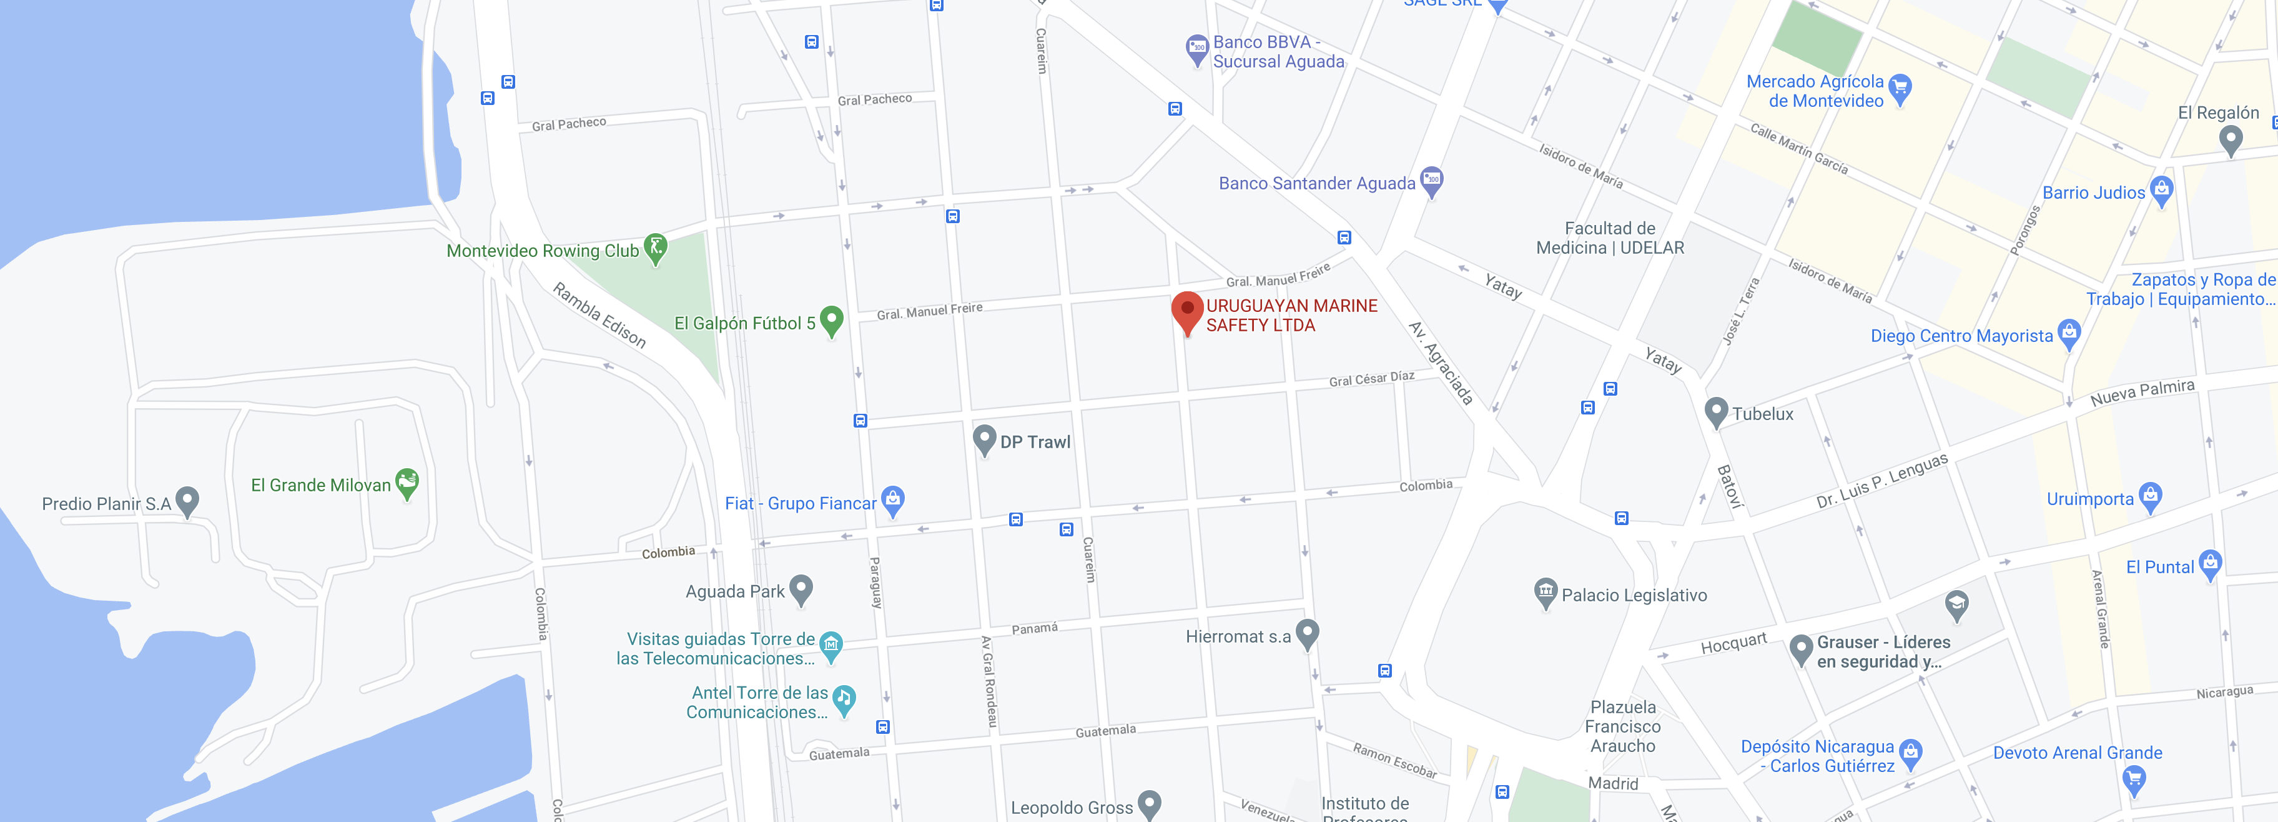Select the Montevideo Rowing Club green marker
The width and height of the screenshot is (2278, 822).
[x=655, y=248]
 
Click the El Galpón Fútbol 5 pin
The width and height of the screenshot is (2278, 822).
[x=831, y=320]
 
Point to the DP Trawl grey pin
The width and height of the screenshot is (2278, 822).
[x=984, y=439]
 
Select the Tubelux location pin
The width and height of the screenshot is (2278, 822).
[x=1715, y=411]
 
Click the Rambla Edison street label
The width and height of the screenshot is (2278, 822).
[x=599, y=315]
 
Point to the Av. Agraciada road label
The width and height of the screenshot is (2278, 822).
[x=1441, y=363]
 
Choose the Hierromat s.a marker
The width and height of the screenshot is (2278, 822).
[x=1307, y=633]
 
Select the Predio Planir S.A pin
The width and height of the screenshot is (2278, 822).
[x=187, y=501]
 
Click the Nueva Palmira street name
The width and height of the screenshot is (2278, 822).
[x=2142, y=392]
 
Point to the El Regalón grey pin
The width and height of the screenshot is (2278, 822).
[x=2231, y=139]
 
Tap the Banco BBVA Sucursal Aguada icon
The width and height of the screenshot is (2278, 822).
[x=1196, y=49]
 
